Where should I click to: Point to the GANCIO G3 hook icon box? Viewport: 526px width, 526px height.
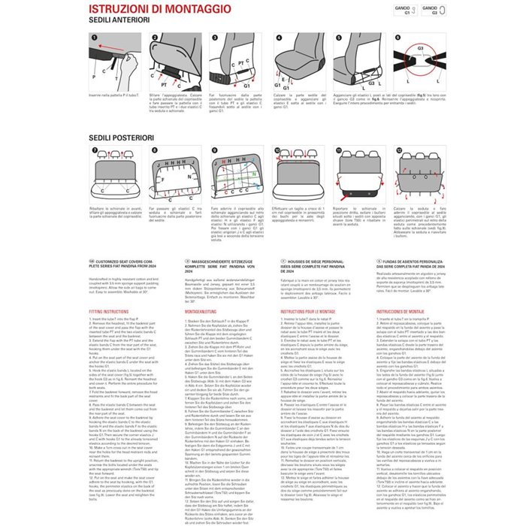pos(434,11)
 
